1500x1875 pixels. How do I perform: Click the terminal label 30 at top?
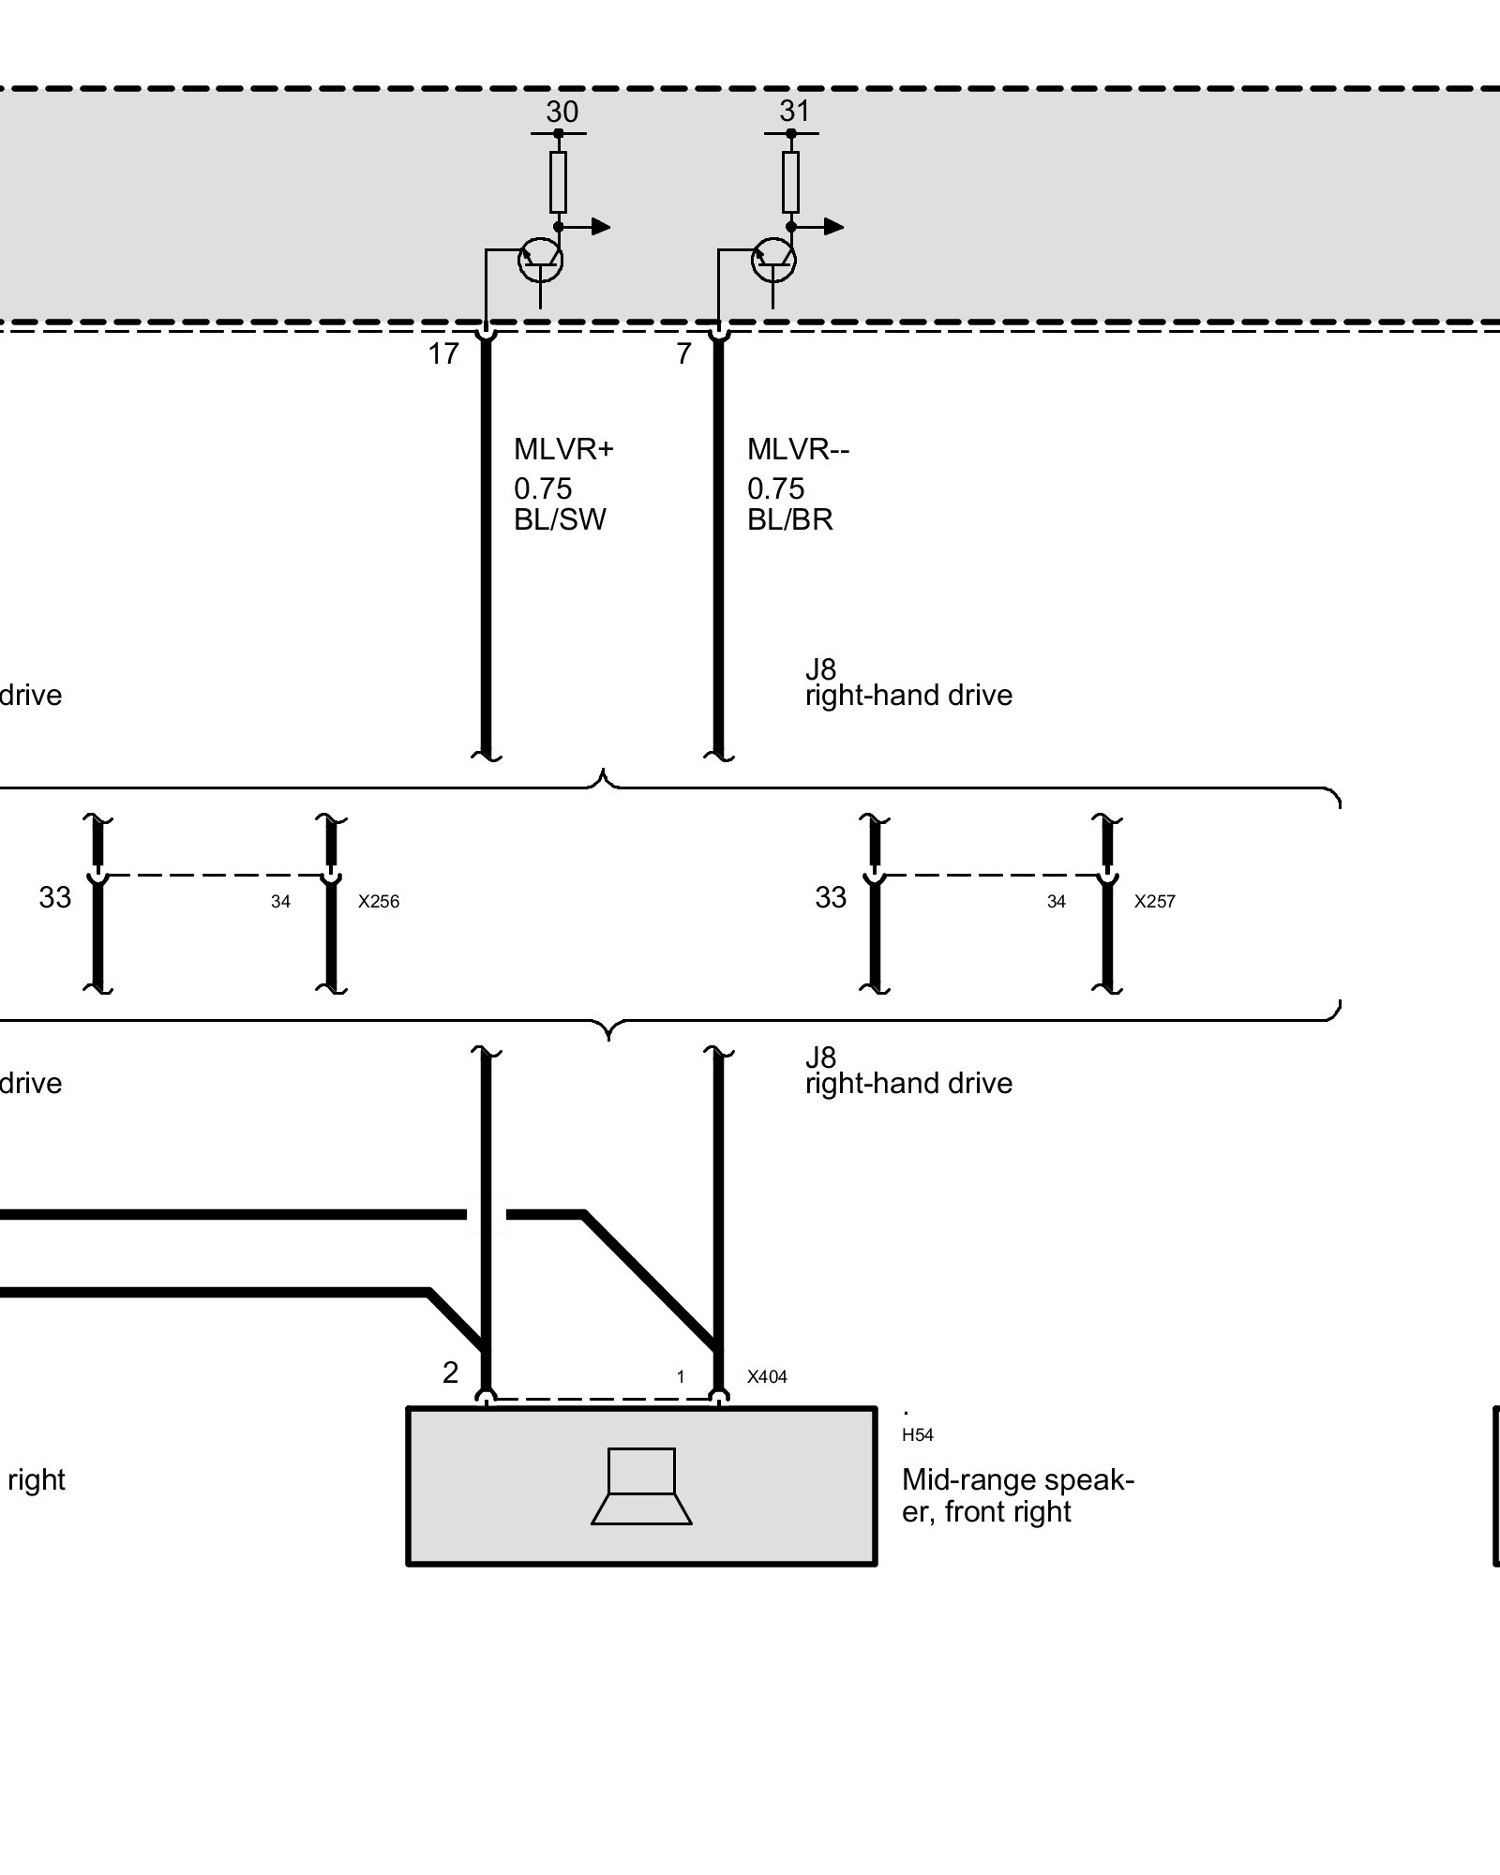click(562, 112)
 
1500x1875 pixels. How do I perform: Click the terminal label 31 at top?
click(794, 112)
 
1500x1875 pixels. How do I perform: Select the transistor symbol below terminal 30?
click(541, 260)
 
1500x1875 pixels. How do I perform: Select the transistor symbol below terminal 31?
click(773, 260)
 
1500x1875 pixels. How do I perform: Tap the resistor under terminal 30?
click(558, 182)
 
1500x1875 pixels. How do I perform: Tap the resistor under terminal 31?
click(790, 182)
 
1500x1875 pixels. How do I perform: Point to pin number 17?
click(443, 354)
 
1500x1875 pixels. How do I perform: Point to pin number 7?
click(683, 354)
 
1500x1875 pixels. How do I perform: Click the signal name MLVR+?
click(562, 449)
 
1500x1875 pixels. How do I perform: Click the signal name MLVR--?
click(798, 449)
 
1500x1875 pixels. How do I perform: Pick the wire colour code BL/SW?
click(560, 519)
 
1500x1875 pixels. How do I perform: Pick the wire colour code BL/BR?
click(789, 519)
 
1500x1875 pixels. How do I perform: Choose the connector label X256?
click(379, 902)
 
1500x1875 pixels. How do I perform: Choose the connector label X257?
click(1154, 902)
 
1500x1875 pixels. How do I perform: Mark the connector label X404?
click(767, 1377)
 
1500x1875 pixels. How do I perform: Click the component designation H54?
click(917, 1435)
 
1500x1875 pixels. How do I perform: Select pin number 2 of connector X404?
click(450, 1372)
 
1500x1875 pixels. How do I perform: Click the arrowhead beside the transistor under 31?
click(833, 227)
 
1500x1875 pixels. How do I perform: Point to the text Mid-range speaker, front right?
click(1017, 1495)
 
